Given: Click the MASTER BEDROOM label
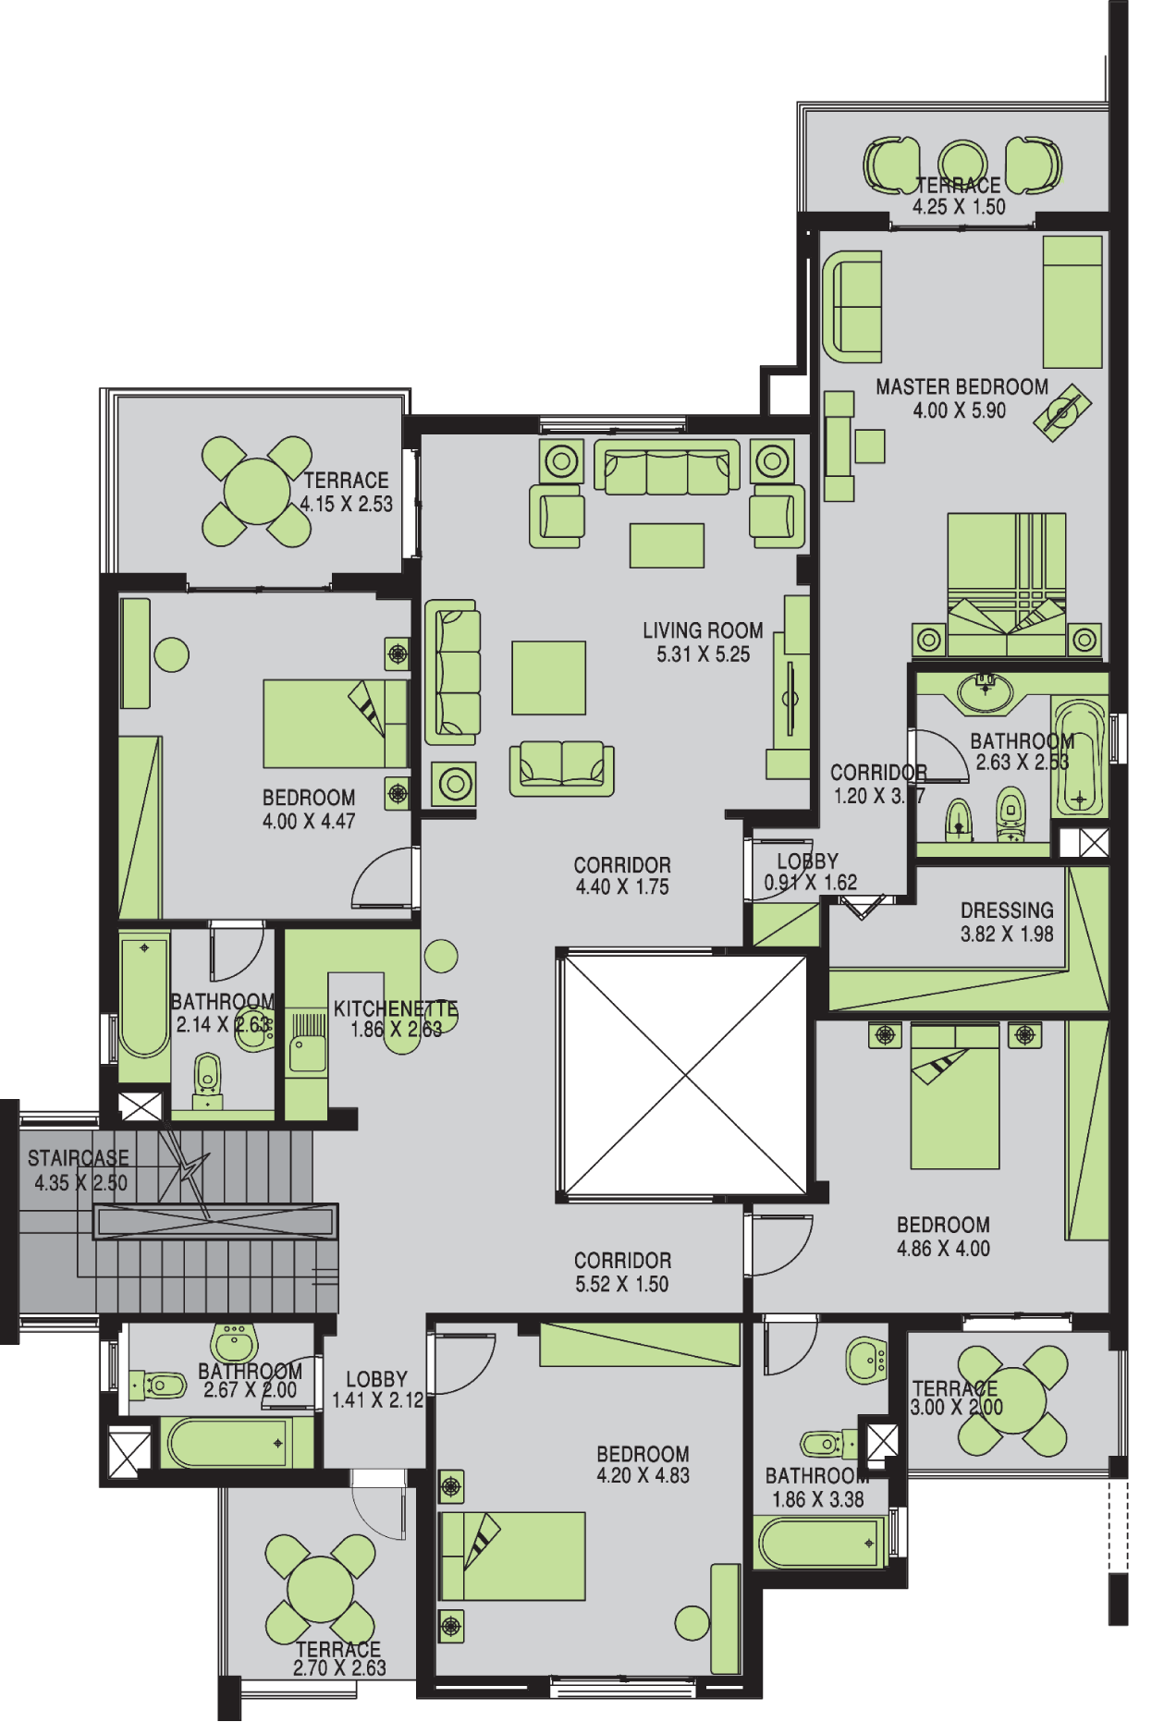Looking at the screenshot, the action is (x=962, y=387).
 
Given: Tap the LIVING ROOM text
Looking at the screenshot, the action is (x=703, y=630).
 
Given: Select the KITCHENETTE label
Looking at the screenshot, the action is (x=396, y=1008).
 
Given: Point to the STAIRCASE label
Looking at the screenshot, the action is (x=79, y=1158).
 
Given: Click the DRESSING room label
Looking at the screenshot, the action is (x=1007, y=910).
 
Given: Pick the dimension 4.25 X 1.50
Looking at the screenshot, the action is (x=959, y=207).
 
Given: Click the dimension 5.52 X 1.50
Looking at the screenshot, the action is (x=621, y=1284).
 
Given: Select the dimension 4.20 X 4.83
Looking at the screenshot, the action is (x=643, y=1475).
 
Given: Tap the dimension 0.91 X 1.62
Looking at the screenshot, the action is (x=811, y=883).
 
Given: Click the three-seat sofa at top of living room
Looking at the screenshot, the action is (x=667, y=468).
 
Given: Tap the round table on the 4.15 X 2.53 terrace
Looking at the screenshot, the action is (x=256, y=492).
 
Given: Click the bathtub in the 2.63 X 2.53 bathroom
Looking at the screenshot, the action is (x=1078, y=758).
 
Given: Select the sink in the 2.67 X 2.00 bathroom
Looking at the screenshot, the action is (x=235, y=1342).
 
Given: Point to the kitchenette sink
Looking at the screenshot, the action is (x=308, y=1053).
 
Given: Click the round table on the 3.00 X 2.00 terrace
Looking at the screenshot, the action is (x=1013, y=1400).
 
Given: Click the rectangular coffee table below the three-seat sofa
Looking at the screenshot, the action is (x=667, y=545).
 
